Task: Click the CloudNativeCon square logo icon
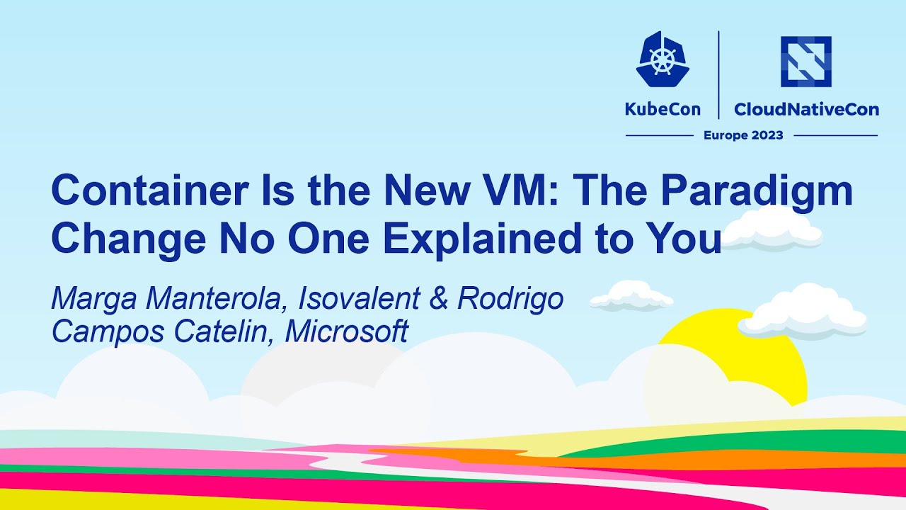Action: point(805,62)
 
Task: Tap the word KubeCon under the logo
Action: point(663,110)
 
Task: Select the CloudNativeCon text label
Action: point(806,110)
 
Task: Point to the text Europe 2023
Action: point(743,135)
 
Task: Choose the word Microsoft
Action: point(346,331)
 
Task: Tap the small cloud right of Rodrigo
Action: point(631,296)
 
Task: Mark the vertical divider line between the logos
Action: point(719,74)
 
